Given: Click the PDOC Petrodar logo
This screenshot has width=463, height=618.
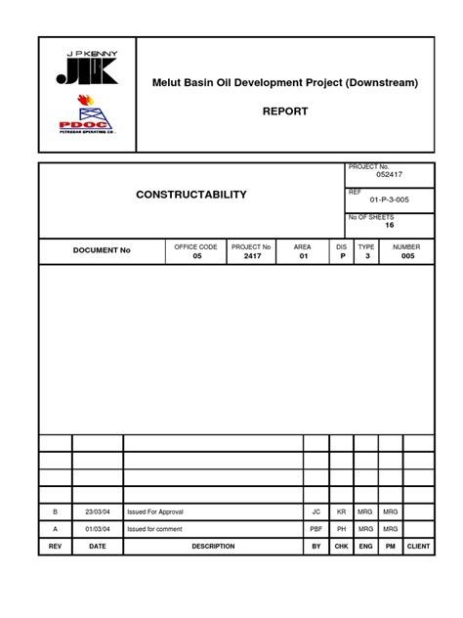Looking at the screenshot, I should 87,126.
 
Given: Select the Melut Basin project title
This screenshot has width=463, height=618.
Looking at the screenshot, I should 284,83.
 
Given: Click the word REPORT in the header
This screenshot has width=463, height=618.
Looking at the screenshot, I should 284,111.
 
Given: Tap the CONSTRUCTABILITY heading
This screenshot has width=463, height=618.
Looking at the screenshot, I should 191,196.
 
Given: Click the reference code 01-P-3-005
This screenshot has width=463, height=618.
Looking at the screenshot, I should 389,200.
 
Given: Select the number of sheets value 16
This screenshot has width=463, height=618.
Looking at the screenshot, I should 389,225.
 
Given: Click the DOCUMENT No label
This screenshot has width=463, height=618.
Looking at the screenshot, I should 102,251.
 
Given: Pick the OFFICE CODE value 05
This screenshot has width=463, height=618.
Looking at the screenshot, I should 195,256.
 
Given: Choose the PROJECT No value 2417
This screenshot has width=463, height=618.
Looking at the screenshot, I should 252,256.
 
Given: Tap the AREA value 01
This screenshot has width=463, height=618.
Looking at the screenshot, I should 303,256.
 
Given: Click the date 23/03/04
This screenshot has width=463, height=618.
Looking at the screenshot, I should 98,511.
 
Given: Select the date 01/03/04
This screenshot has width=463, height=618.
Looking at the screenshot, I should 98,529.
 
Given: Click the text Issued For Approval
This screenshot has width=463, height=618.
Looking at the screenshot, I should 155,511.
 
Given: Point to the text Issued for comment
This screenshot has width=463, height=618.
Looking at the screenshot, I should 154,529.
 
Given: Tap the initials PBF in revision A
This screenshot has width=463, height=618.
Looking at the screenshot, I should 316,529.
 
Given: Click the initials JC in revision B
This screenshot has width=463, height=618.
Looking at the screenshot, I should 316,511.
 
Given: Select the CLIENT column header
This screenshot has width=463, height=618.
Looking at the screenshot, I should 418,547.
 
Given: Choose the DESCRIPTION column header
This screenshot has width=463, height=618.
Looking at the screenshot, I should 213,547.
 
